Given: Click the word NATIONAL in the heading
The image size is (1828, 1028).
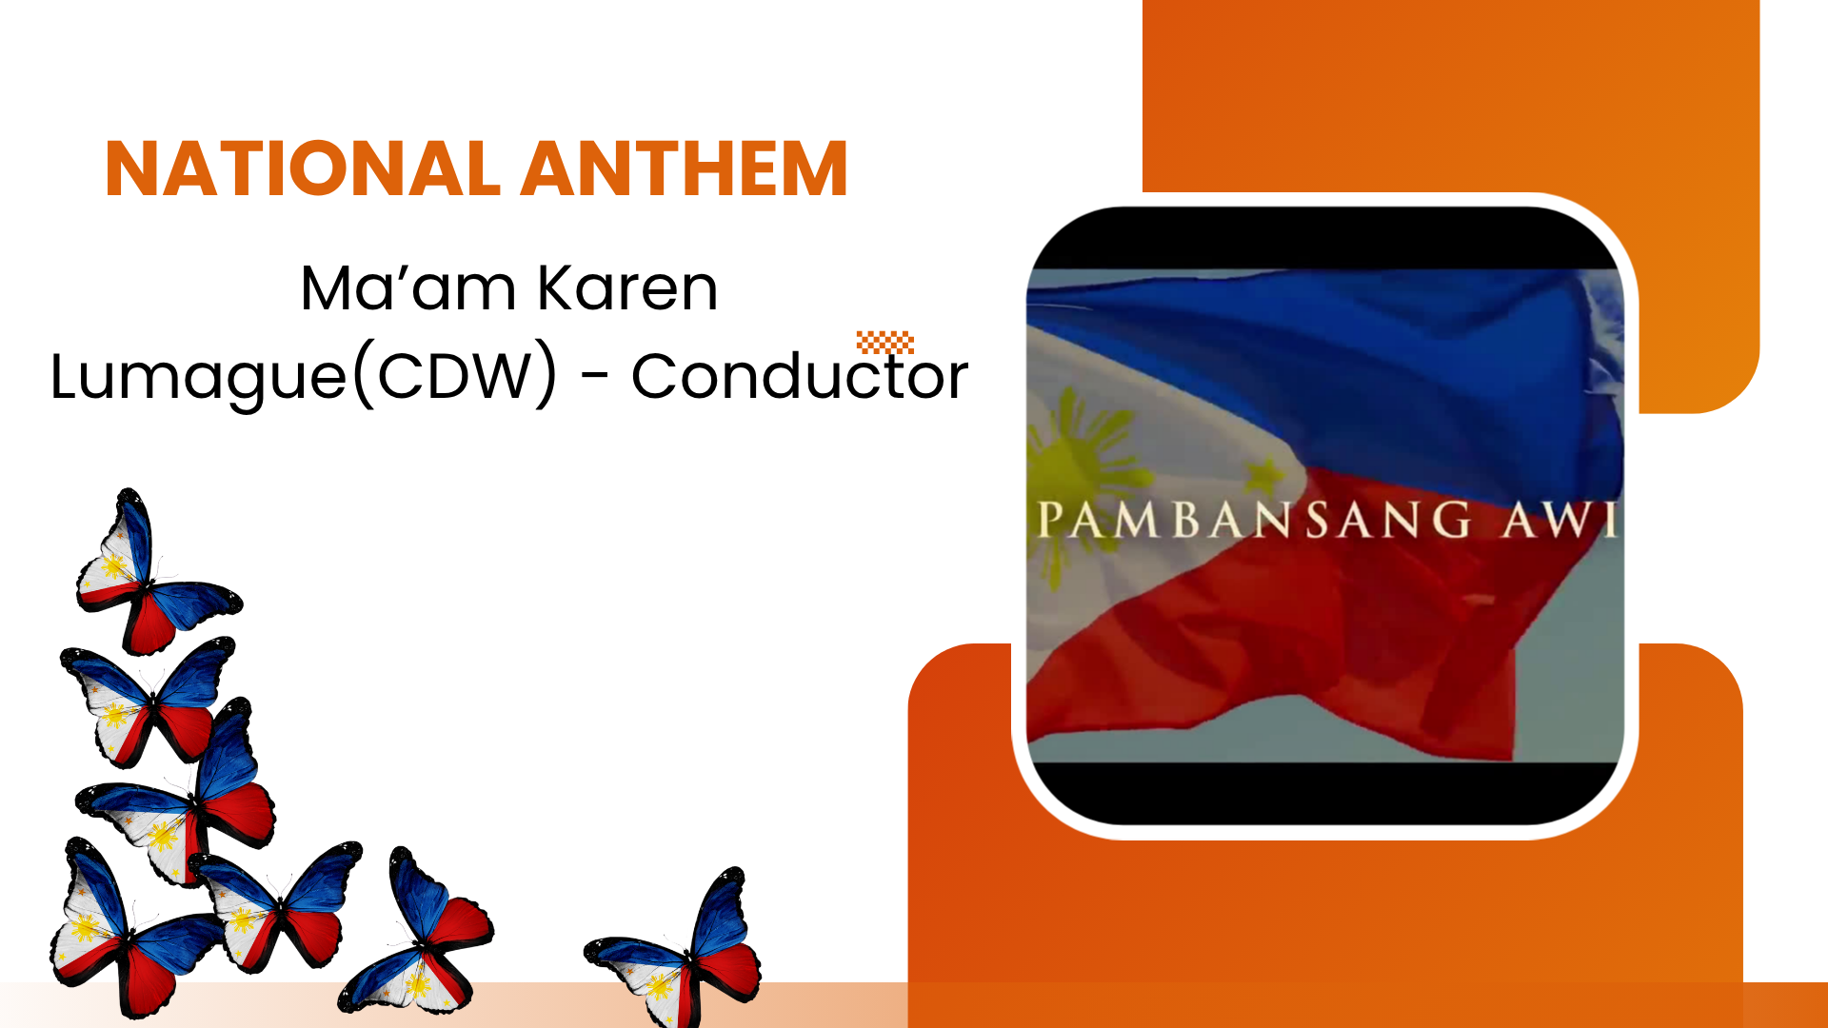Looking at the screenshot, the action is pyautogui.click(x=302, y=169).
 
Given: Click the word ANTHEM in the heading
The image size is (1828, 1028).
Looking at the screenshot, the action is pyautogui.click(x=685, y=169).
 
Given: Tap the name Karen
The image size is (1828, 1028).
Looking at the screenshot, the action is pyautogui.click(x=627, y=287).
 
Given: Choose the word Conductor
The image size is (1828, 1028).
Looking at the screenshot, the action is pyautogui.click(x=800, y=376).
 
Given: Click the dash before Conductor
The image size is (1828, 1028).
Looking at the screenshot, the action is pyautogui.click(x=595, y=379).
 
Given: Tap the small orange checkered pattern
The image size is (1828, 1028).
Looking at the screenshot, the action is pyautogui.click(x=885, y=342).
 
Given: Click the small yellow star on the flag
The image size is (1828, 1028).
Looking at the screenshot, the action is pyautogui.click(x=1265, y=475).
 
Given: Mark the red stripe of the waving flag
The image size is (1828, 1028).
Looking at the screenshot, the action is pyautogui.click(x=1333, y=638).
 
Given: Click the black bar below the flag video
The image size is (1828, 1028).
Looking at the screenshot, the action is pyautogui.click(x=1325, y=792).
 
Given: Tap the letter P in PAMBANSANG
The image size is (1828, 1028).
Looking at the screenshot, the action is pyautogui.click(x=1050, y=520).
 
